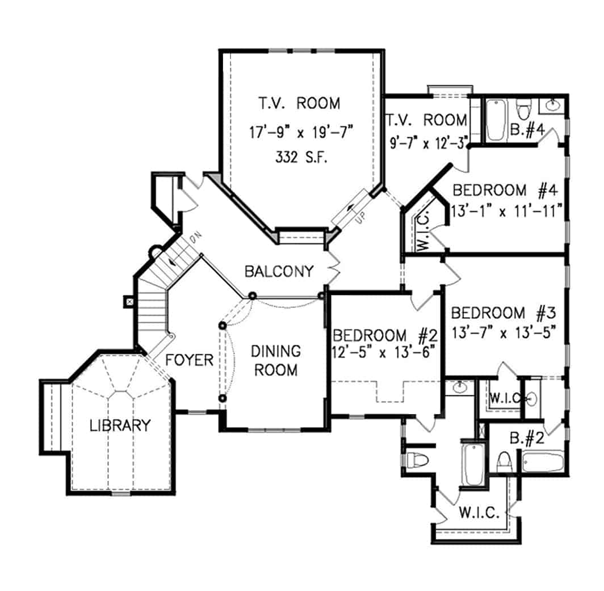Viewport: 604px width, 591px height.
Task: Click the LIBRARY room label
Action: [120, 425]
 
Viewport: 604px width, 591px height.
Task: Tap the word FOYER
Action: [190, 360]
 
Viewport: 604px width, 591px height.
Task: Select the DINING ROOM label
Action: [275, 360]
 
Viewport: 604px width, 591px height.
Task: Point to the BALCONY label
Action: [279, 272]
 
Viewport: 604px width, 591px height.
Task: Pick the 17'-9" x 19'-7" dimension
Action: [301, 133]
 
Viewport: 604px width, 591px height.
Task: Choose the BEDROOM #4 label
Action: [505, 189]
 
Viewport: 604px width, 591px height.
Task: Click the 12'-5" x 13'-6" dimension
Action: [384, 352]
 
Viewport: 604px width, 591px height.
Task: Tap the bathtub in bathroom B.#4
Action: [496, 120]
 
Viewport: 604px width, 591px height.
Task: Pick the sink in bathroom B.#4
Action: [551, 104]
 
